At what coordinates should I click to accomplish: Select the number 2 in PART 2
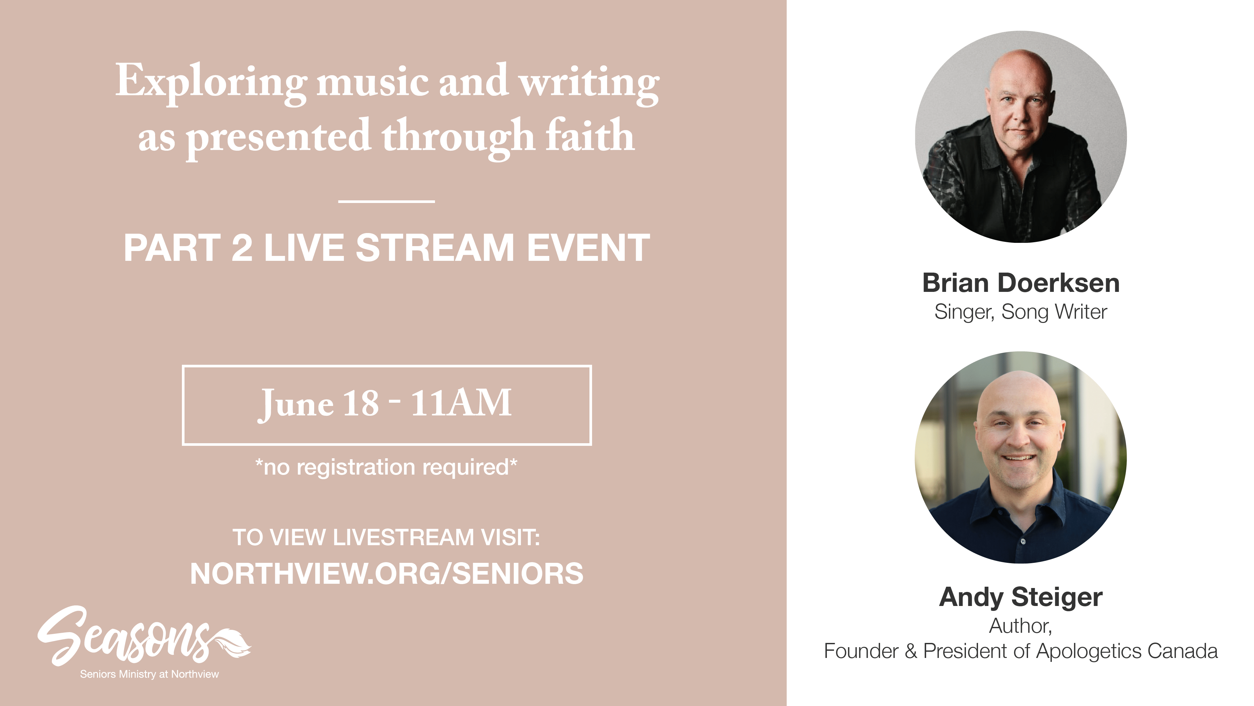[x=242, y=247]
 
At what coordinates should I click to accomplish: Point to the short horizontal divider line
[x=387, y=201]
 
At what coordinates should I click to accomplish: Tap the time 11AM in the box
[x=461, y=403]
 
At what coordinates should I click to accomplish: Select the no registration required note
[x=387, y=467]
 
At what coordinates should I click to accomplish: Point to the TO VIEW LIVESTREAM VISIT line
[x=387, y=537]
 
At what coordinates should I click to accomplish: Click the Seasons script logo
[x=124, y=636]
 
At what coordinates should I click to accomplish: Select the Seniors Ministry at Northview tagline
[x=150, y=674]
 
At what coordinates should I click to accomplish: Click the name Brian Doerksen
[x=1021, y=283]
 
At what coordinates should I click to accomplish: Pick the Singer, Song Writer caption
[x=1021, y=312]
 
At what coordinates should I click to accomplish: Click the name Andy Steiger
[x=1021, y=597]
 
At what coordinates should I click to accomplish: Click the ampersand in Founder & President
[x=911, y=651]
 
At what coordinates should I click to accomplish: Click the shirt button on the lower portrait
[x=1023, y=541]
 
